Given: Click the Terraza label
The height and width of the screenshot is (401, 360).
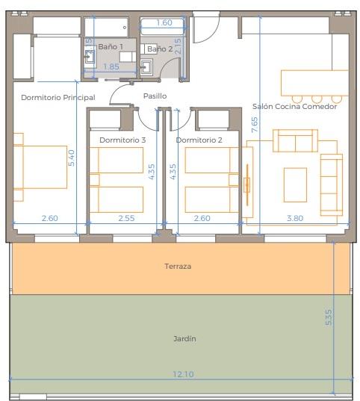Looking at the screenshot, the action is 178,267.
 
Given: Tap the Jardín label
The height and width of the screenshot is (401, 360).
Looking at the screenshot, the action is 184,338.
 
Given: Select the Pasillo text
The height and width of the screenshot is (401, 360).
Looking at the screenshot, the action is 155,96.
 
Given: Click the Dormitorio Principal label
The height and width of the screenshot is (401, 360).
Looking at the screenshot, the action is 58,97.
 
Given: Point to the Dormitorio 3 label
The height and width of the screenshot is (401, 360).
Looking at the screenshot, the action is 122,140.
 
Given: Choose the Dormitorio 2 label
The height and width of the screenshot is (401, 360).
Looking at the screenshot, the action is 199,140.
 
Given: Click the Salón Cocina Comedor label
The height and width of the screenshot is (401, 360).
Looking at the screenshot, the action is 294,106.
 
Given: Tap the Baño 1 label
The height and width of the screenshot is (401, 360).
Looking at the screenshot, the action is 111,46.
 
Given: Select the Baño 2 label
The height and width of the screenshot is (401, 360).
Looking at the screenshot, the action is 160,49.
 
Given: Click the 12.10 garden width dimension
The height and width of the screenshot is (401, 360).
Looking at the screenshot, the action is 184,374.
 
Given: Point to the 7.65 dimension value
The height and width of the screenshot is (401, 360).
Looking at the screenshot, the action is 255,125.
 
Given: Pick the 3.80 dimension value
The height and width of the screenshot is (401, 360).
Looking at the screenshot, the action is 295,218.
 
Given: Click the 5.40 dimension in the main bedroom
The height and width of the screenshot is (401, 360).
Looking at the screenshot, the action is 72,158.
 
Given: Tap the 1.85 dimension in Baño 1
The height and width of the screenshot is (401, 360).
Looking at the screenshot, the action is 111,66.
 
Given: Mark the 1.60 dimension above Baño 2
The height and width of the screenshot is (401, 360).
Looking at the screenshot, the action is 164,22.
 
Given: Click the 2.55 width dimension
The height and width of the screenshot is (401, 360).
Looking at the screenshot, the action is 126,218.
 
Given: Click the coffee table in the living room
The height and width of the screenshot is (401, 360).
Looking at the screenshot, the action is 295,184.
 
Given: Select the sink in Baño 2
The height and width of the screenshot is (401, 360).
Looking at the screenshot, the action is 146,66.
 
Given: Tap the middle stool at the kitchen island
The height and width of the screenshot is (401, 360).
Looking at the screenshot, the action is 317,99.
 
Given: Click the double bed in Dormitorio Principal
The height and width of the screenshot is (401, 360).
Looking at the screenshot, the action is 40,167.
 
